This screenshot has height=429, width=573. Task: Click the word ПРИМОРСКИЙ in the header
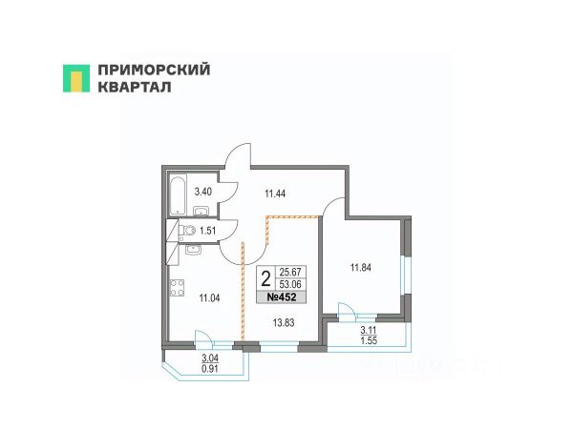click(154, 70)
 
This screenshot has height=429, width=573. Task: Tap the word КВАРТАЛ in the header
click(135, 88)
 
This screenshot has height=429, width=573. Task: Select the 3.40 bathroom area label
click(203, 192)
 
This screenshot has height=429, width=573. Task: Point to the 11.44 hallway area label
click(275, 194)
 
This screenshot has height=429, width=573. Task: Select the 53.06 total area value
click(288, 284)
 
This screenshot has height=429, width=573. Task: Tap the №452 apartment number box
click(282, 297)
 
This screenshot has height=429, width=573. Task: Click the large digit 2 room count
click(265, 278)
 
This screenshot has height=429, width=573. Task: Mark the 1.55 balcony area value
click(368, 340)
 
